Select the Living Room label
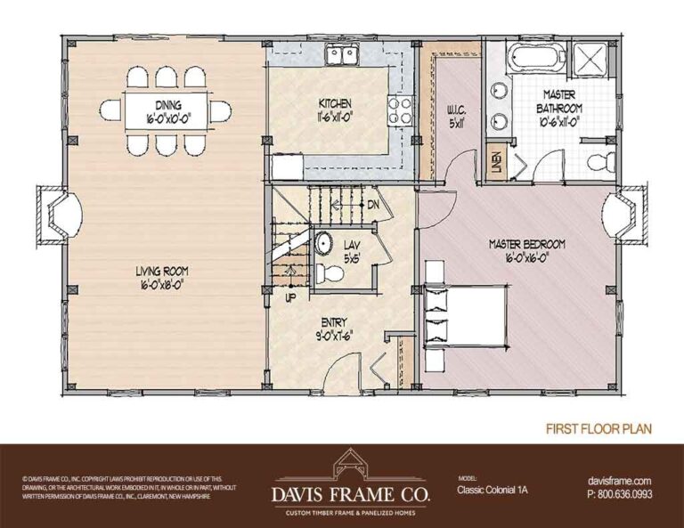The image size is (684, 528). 162,277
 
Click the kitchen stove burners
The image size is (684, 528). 398,111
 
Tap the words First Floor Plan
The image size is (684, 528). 598,428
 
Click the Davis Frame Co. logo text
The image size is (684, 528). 342,491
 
